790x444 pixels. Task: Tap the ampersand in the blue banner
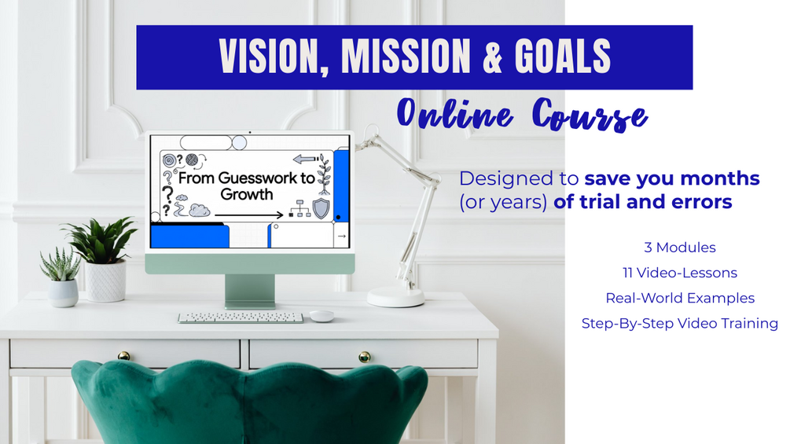point(493,57)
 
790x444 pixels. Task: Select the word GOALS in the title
point(563,56)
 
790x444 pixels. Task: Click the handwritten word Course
point(590,116)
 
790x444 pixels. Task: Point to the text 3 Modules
point(680,248)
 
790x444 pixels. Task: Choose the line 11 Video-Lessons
point(680,273)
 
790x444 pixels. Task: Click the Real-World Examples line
point(680,298)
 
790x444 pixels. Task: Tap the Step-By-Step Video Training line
point(680,323)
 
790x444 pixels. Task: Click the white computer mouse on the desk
point(322,316)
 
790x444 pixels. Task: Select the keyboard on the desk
point(241,317)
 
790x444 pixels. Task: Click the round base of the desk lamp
point(396,296)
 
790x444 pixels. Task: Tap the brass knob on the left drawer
point(123,356)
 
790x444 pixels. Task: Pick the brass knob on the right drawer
point(364,357)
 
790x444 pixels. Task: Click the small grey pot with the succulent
point(63,293)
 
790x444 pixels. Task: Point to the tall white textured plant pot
point(105,281)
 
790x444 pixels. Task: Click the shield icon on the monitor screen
point(321,208)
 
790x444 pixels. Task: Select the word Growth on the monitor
point(246,195)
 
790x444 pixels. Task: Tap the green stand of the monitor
point(250,291)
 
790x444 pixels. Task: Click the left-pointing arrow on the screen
point(305,160)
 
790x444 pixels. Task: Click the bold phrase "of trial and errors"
point(643,202)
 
